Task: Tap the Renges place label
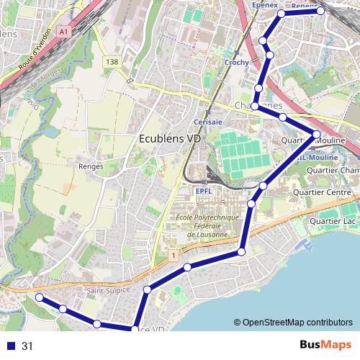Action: click(x=90, y=166)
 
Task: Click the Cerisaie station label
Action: click(x=207, y=122)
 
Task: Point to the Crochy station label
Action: click(x=236, y=63)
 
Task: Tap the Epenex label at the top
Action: click(x=265, y=5)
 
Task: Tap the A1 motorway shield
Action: click(x=64, y=32)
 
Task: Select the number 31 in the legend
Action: click(x=27, y=346)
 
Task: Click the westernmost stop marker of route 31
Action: click(x=40, y=297)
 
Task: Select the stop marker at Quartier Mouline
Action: click(x=316, y=134)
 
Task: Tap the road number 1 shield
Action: click(x=174, y=255)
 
